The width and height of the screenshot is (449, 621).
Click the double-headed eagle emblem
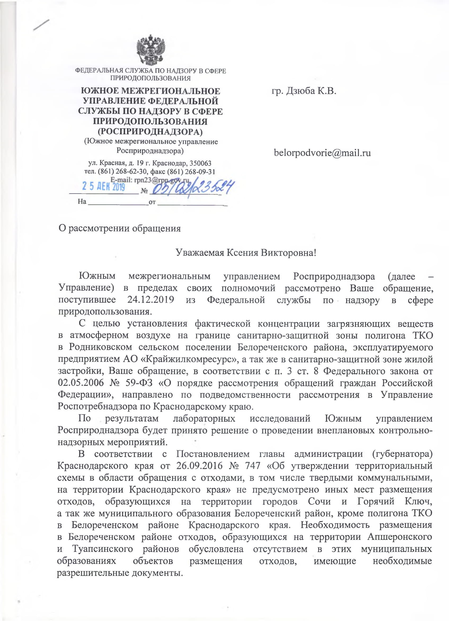click(x=151, y=50)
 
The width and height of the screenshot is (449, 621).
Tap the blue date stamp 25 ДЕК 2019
click(x=104, y=187)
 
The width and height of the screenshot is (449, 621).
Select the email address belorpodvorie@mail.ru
click(x=322, y=153)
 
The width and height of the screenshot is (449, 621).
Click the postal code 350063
click(x=201, y=163)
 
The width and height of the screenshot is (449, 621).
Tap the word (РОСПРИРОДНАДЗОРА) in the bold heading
click(x=150, y=132)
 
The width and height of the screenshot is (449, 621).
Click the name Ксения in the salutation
click(x=242, y=252)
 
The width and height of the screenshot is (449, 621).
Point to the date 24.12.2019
click(x=151, y=300)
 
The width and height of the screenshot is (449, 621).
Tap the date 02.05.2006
click(x=81, y=382)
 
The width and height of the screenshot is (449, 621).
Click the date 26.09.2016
click(x=199, y=466)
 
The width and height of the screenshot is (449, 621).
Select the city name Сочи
click(x=319, y=501)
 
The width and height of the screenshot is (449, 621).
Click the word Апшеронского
click(x=400, y=537)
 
